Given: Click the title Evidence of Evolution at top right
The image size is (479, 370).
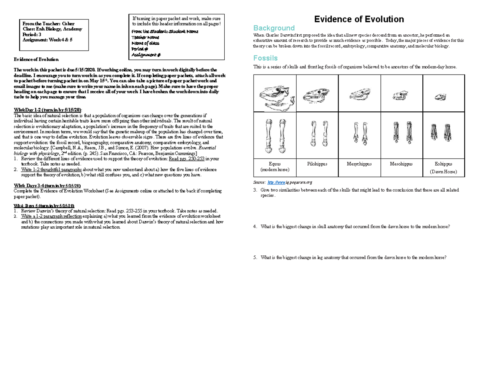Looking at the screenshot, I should [359, 19].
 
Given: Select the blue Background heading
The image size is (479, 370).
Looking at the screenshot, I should [274, 28].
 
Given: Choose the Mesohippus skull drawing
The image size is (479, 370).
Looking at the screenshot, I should [400, 96].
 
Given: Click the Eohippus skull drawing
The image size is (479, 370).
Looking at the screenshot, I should [441, 96].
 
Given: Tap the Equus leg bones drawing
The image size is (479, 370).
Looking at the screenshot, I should [275, 136].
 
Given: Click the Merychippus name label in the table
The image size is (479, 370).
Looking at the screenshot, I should [359, 164].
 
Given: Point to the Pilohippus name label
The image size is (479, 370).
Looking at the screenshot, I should [317, 164].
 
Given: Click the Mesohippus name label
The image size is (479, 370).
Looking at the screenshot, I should [401, 164].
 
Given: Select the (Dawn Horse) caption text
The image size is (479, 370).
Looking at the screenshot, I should [443, 172].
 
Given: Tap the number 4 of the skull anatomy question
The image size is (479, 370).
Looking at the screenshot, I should [255, 227].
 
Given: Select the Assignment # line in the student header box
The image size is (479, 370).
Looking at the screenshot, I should [146, 55].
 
